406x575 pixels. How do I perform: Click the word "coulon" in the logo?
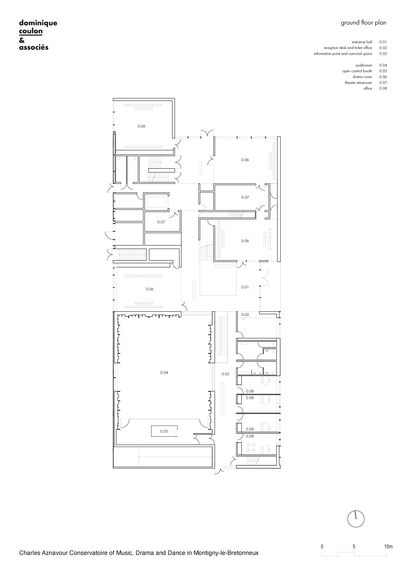pos(31,31)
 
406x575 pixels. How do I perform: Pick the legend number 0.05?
pos(383,71)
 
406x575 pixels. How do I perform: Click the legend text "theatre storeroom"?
pos(358,83)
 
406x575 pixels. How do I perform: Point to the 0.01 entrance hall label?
pos(245,287)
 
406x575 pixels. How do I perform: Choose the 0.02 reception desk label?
pos(245,315)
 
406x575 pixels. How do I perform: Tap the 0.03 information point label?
pos(225,381)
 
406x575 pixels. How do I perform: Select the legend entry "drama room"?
pos(362,77)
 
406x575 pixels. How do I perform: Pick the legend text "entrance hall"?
pos(362,42)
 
